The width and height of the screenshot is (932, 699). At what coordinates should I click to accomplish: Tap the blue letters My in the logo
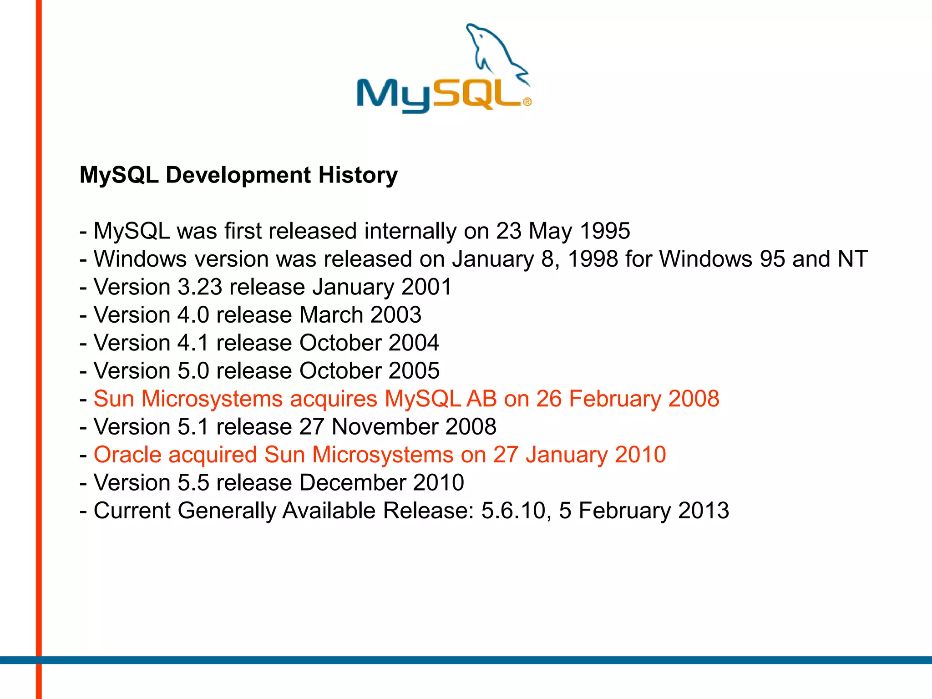(393, 96)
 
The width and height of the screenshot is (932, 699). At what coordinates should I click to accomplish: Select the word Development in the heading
(238, 175)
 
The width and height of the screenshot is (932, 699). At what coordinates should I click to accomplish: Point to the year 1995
(605, 231)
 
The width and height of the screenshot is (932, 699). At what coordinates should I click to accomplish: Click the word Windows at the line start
(140, 259)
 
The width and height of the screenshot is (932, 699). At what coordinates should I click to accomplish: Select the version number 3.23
(200, 287)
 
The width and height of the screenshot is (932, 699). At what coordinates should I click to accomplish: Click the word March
(331, 315)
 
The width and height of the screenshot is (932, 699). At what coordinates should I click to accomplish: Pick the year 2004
(414, 343)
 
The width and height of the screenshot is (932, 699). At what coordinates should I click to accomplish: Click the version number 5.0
(193, 371)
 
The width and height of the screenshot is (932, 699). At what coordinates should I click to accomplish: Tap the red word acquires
(334, 399)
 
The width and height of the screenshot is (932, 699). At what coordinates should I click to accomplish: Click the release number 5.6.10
(513, 511)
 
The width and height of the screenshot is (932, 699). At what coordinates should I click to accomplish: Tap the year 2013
(704, 511)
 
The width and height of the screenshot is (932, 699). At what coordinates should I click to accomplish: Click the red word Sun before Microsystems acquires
(114, 399)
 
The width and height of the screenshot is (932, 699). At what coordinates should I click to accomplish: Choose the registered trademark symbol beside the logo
(527, 102)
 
